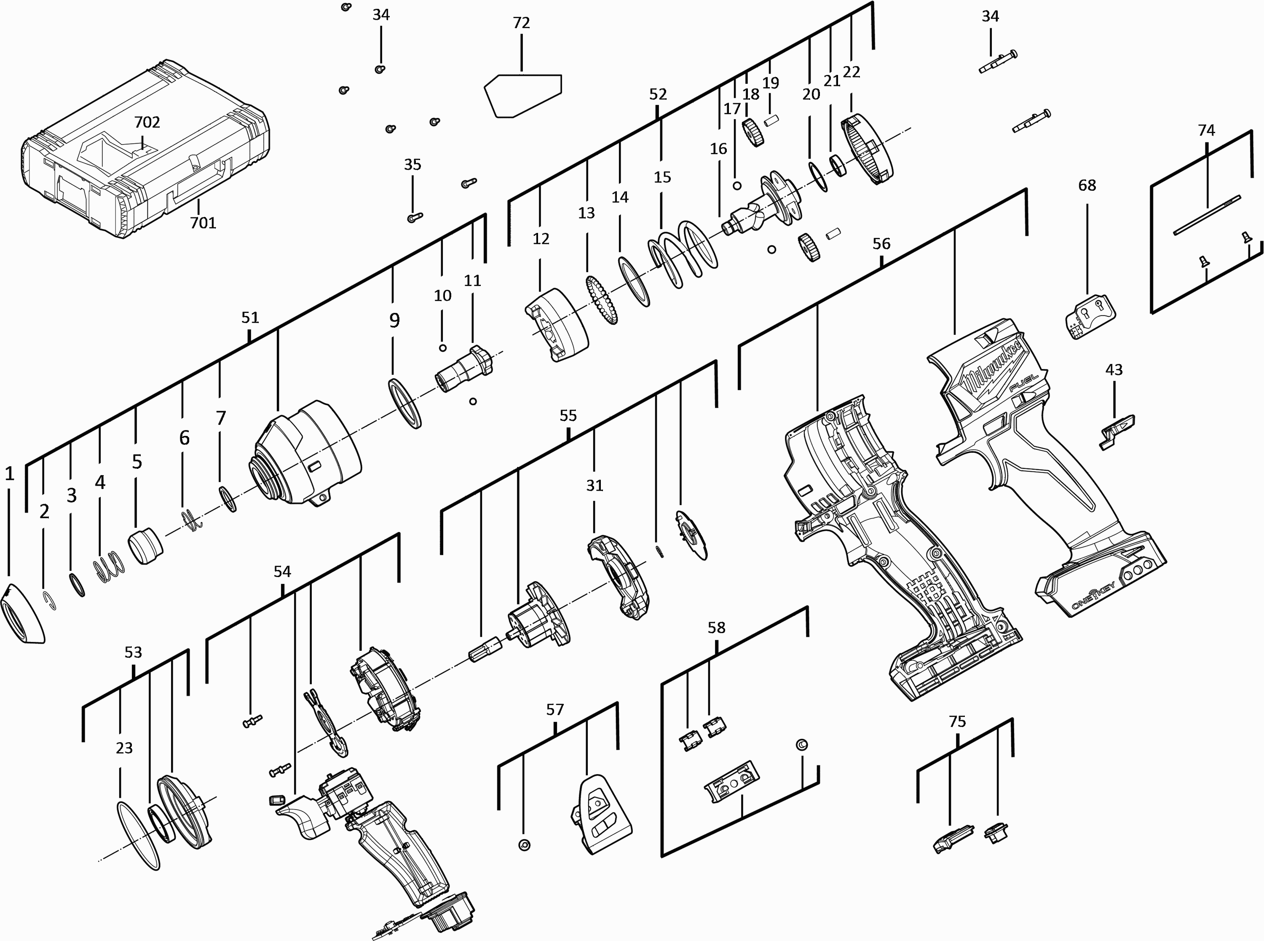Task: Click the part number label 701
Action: coord(203,223)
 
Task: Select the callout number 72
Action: coord(521,23)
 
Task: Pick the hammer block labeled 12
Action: coord(557,325)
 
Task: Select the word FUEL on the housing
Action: coord(1023,382)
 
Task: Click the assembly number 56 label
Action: coord(881,244)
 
